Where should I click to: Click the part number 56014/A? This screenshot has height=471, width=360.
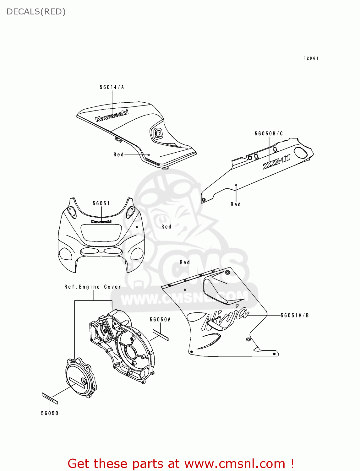tap(112, 87)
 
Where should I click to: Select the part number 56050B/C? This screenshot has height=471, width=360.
tap(269, 134)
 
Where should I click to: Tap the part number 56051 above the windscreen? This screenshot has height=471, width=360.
tap(101, 203)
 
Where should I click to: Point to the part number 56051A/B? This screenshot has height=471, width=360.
tap(294, 316)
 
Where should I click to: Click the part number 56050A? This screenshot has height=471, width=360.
tap(160, 320)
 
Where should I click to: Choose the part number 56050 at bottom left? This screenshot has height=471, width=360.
tap(50, 414)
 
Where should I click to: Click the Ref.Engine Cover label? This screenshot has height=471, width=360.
tap(93, 287)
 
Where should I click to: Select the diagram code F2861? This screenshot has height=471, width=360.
tap(311, 58)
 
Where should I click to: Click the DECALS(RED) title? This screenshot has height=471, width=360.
tap(36, 12)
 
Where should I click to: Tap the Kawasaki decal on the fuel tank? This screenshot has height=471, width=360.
tap(112, 116)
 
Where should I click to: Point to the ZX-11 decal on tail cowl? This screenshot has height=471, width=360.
tap(276, 162)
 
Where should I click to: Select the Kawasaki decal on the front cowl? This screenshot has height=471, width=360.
tap(101, 222)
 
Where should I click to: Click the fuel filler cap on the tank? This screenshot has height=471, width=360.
tap(158, 134)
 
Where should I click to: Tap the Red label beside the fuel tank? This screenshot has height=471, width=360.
tap(119, 155)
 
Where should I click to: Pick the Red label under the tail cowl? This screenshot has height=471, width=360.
tap(236, 204)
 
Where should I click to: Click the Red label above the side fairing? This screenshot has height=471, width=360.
tap(185, 263)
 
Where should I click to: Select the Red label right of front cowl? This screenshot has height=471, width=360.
tap(166, 227)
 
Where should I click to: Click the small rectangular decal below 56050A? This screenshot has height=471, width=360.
tap(161, 335)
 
